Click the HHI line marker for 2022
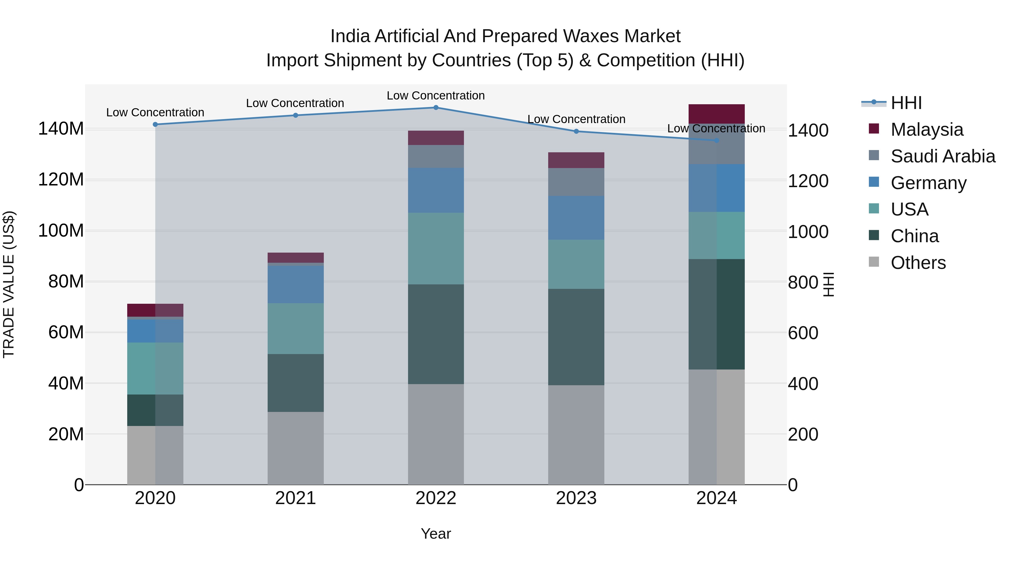pos(436,108)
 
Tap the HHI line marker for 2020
pos(155,124)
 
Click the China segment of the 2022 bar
pos(436,334)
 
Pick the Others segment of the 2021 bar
pos(295,448)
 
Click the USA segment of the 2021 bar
pos(295,329)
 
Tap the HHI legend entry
pos(906,103)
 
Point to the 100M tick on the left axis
pos(61,230)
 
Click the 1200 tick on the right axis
pos(808,181)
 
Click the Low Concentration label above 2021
pos(295,103)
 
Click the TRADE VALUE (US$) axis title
pos(9,284)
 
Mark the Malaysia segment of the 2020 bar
pos(155,310)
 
